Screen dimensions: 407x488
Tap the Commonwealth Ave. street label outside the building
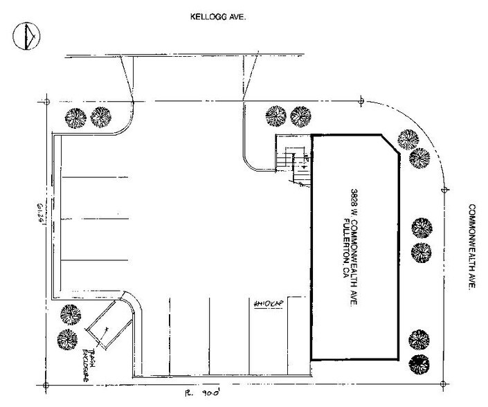coord(473,246)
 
